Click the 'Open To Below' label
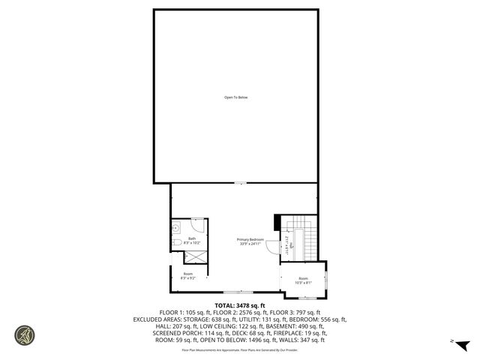pos(235,97)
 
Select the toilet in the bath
pos(175,244)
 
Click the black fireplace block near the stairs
pos(277,222)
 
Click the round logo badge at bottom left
pos(25,334)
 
